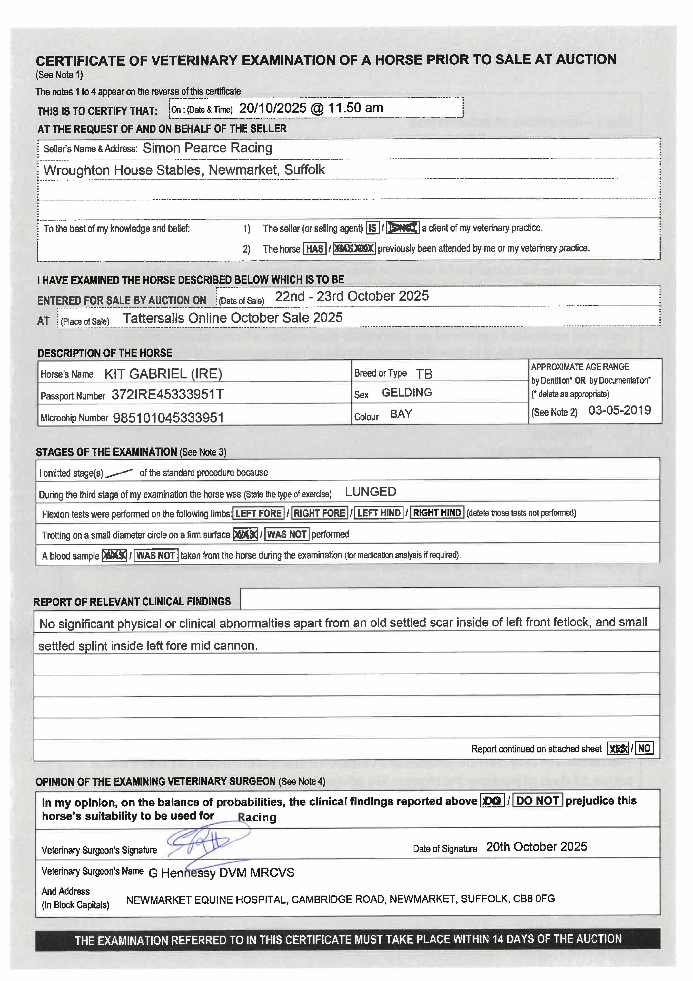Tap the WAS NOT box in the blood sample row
point(156,555)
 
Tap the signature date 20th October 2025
point(536,847)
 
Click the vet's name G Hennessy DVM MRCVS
point(221,873)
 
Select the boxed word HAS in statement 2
point(315,249)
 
